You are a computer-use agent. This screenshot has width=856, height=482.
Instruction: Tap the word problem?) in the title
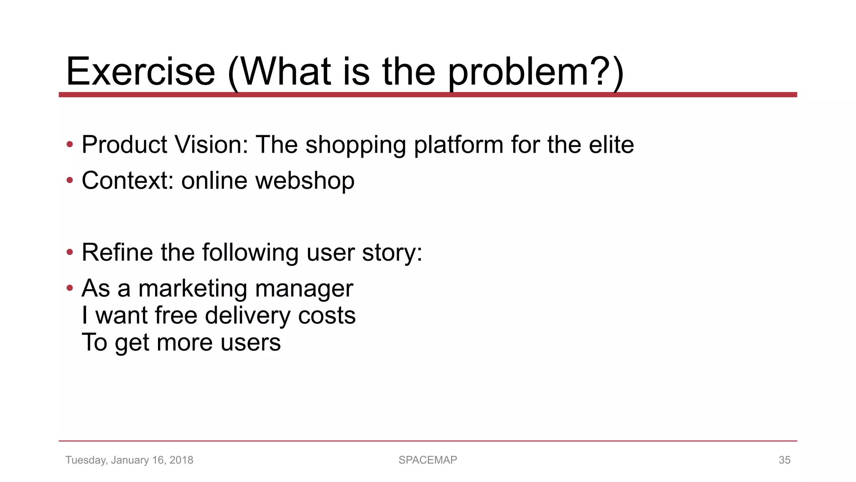pyautogui.click(x=536, y=72)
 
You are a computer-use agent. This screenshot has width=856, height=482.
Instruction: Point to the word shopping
pyautogui.click(x=355, y=146)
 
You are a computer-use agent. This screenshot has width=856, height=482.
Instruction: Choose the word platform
pyautogui.click(x=458, y=146)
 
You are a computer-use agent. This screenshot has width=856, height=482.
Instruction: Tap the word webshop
pyautogui.click(x=305, y=181)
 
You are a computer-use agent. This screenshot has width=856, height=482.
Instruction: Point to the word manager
pyautogui.click(x=304, y=289)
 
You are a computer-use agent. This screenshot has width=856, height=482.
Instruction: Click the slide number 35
pyautogui.click(x=784, y=460)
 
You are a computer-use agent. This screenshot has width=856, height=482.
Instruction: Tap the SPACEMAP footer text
pyautogui.click(x=428, y=460)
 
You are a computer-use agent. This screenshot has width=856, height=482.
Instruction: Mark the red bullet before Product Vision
pyautogui.click(x=70, y=145)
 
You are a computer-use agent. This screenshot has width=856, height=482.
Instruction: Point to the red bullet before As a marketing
pyautogui.click(x=70, y=288)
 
